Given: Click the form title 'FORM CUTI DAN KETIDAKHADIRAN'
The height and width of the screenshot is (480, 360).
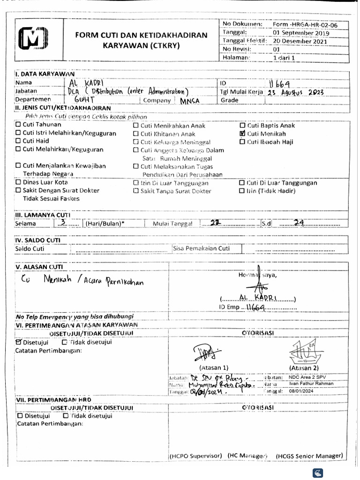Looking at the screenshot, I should pos(142,35).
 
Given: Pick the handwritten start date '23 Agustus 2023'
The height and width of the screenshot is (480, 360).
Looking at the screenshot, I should pos(295,92).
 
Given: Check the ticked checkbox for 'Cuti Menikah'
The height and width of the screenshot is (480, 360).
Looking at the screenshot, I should pos(242,134).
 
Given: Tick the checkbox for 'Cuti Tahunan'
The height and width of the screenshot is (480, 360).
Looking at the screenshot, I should pos(18,125).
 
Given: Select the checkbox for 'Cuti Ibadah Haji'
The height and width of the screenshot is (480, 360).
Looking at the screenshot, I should pos(242,142).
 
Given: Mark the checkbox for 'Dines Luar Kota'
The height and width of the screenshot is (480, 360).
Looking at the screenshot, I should pos(18,182).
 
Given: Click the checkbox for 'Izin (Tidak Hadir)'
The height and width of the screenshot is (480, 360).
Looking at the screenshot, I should pos(242,191).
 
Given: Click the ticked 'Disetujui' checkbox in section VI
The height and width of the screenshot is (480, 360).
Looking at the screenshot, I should pos(19,342).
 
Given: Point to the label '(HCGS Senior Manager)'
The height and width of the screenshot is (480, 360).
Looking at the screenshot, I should pos(309,456).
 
